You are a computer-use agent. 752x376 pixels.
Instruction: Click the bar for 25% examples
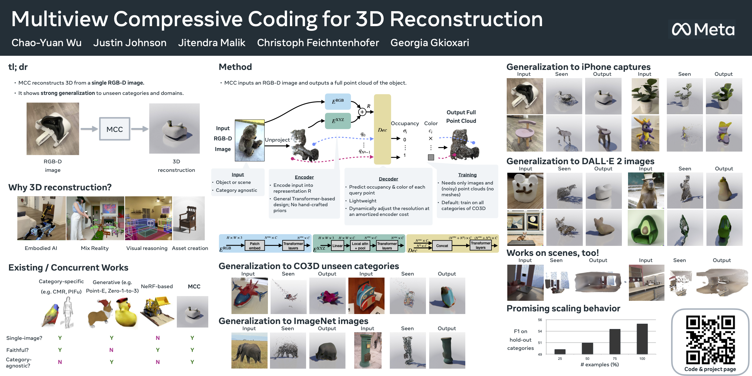[560, 351]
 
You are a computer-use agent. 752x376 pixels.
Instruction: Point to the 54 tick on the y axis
[540, 331]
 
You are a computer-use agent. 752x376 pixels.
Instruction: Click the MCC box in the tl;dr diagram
[115, 129]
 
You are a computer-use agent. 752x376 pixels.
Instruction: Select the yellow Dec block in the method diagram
[382, 129]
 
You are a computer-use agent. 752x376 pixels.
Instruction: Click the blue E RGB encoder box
[338, 101]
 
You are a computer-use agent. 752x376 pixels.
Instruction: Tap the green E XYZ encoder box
[338, 121]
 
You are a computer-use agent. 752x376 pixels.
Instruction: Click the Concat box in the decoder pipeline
[442, 246]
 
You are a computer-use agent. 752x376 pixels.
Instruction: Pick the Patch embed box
[254, 246]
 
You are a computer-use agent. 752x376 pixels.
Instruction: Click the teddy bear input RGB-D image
[249, 140]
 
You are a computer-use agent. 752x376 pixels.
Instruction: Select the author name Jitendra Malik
[211, 43]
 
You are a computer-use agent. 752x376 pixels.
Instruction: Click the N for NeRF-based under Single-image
[158, 338]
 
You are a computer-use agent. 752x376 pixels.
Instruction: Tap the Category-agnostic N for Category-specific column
[60, 362]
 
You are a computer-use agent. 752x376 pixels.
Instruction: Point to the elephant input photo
[249, 350]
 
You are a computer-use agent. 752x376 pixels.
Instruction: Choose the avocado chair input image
[646, 228]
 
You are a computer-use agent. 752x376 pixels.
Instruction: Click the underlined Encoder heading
[304, 177]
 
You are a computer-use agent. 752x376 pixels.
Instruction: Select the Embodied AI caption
[41, 248]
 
